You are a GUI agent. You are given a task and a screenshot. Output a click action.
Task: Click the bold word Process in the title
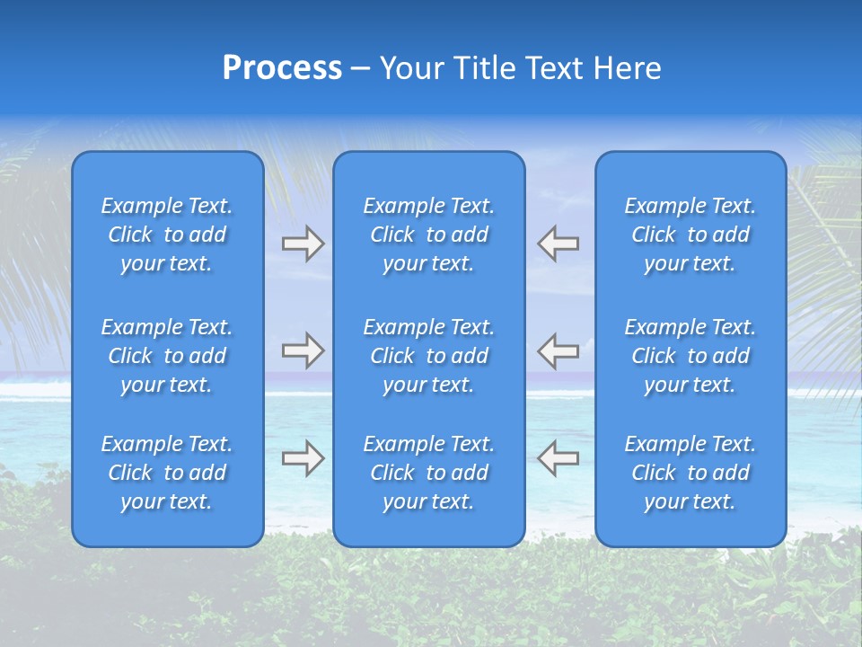click(282, 68)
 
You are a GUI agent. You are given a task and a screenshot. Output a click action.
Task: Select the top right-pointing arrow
click(303, 244)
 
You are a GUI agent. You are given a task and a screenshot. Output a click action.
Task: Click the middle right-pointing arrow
click(303, 350)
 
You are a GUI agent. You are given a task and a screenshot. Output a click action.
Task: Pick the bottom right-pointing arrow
click(303, 458)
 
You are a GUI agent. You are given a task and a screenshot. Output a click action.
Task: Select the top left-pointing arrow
click(558, 244)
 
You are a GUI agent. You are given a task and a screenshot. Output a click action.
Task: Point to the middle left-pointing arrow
click(558, 350)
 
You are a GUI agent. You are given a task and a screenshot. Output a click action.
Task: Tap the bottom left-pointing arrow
click(558, 458)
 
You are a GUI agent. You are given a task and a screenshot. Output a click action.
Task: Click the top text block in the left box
click(167, 235)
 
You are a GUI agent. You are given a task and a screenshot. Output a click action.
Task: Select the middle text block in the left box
click(167, 356)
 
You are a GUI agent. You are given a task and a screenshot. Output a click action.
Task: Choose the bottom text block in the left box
click(167, 473)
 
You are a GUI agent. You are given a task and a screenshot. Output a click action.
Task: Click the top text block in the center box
click(428, 235)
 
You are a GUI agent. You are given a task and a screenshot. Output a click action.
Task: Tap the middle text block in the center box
click(428, 356)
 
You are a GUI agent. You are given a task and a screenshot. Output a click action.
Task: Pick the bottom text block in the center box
click(428, 473)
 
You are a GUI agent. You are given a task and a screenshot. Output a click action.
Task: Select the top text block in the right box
click(690, 235)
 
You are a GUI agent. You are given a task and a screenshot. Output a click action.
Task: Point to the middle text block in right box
click(690, 356)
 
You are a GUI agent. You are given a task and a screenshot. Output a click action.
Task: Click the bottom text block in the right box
click(690, 473)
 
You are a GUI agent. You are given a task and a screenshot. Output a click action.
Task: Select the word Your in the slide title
click(413, 68)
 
